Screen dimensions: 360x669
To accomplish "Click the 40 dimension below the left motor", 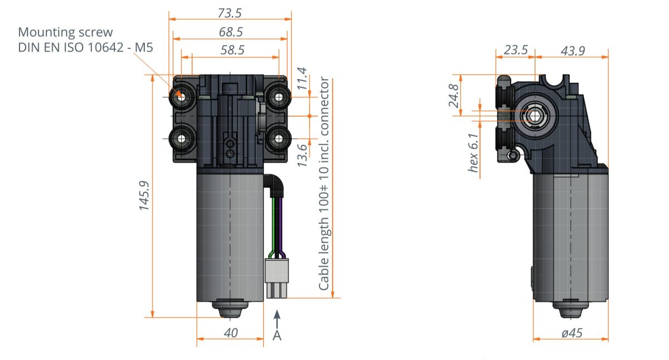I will (x=230, y=333).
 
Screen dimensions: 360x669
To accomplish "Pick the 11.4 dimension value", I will (x=302, y=79).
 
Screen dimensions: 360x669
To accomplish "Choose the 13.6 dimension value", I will (x=302, y=155).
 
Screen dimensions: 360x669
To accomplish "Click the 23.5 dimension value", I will (x=515, y=50).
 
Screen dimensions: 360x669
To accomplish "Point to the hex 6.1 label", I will (x=473, y=154).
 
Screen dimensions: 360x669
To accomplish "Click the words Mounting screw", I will (x=65, y=32).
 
